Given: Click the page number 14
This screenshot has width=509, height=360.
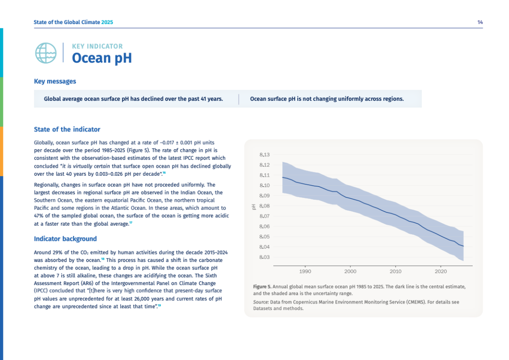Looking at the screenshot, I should pyautogui.click(x=480, y=22).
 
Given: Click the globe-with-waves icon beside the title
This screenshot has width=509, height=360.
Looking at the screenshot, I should pyautogui.click(x=45, y=53).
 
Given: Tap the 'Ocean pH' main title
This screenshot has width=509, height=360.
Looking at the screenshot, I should pyautogui.click(x=101, y=58).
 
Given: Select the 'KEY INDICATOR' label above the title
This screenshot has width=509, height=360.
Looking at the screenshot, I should pyautogui.click(x=97, y=46).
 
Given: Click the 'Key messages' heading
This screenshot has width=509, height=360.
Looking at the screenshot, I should pyautogui.click(x=55, y=82).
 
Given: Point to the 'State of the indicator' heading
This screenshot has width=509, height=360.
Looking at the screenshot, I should pyautogui.click(x=67, y=129).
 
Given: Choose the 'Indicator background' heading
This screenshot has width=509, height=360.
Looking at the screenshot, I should pyautogui.click(x=65, y=239).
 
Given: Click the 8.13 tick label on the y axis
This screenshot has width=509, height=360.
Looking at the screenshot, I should pyautogui.click(x=264, y=155).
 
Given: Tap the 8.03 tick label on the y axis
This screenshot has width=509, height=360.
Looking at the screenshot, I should pyautogui.click(x=264, y=257).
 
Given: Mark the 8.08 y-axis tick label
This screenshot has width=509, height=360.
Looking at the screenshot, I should pyautogui.click(x=264, y=206).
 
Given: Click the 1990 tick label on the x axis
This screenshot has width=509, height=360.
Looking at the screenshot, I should pyautogui.click(x=305, y=271).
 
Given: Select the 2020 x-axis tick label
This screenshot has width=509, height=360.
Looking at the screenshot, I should pyautogui.click(x=441, y=271).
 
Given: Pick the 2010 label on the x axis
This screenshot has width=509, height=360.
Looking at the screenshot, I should pyautogui.click(x=395, y=271).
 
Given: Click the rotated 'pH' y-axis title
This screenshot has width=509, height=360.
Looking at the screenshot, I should pyautogui.click(x=254, y=206).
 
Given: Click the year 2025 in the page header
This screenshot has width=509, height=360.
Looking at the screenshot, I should pyautogui.click(x=107, y=22).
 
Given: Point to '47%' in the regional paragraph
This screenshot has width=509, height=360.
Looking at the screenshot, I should pyautogui.click(x=40, y=216).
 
